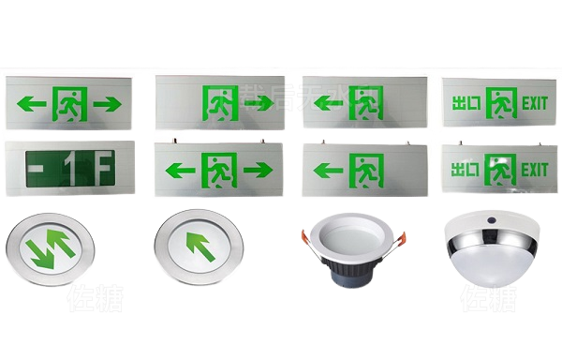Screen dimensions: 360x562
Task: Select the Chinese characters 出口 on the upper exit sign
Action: (468, 100)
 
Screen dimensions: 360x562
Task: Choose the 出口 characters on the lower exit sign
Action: (468, 170)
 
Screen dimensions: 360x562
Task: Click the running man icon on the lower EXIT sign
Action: (503, 170)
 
